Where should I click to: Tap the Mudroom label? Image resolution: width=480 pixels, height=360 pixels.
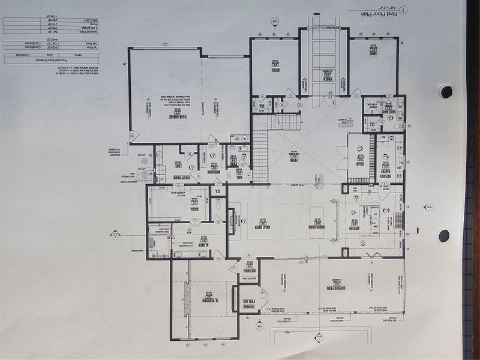(212, 171)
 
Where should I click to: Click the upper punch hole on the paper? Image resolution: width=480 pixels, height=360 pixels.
(445, 92)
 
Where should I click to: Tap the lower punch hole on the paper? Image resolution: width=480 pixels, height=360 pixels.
(444, 235)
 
